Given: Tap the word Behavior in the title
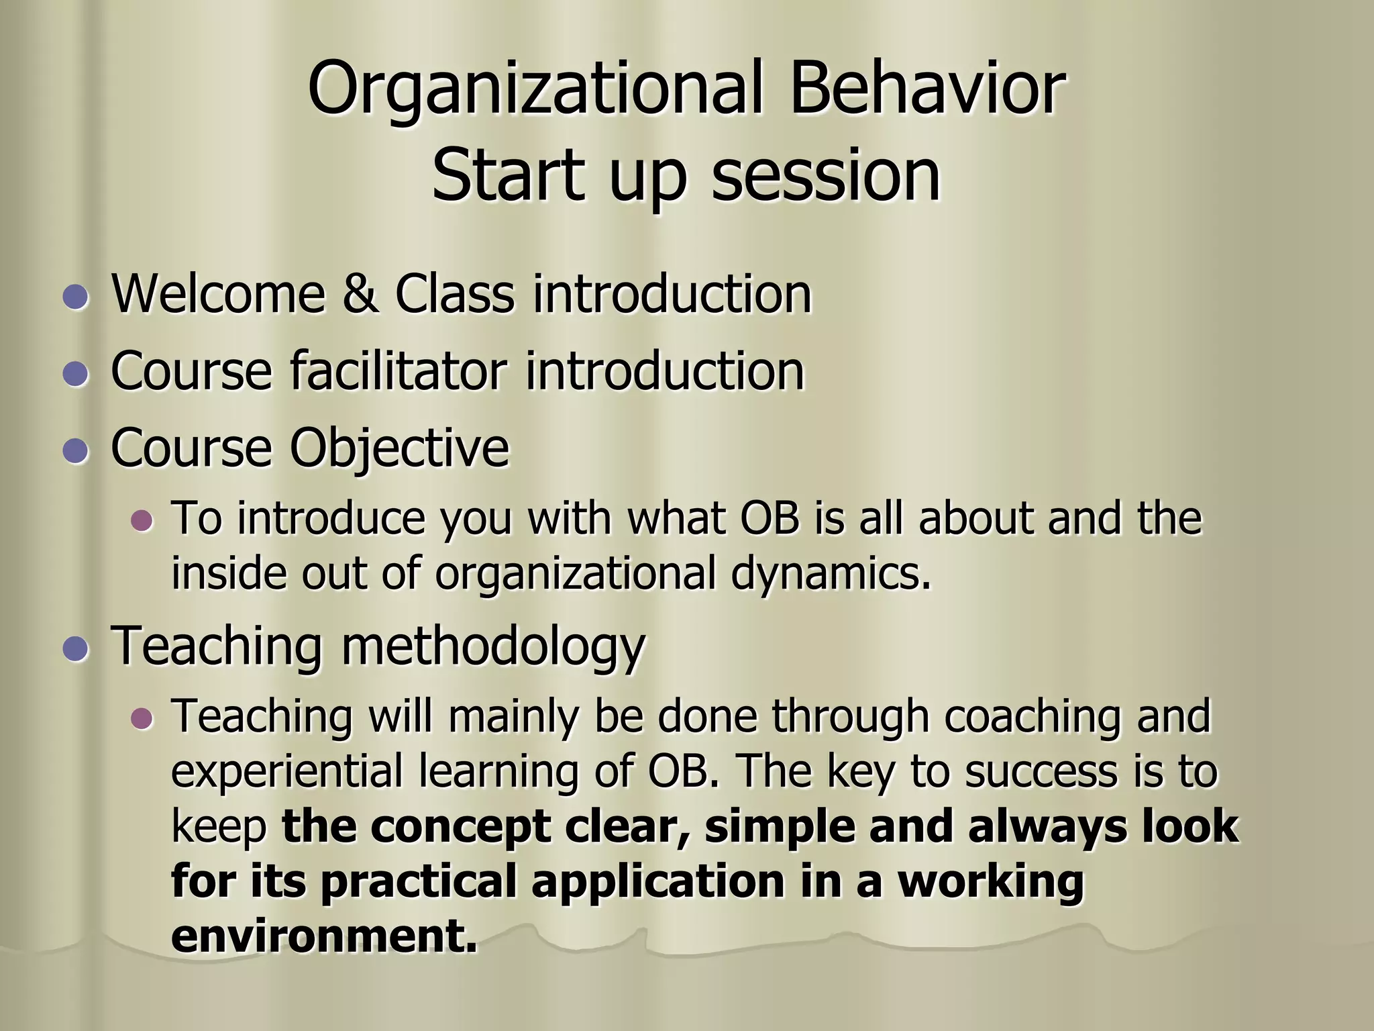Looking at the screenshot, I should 927,89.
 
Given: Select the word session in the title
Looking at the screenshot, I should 825,176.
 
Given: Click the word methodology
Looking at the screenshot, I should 493,646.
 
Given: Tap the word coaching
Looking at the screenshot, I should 1032,716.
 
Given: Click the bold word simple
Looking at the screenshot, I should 780,826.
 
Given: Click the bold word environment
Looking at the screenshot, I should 323,936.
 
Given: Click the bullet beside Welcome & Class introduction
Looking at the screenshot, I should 75,295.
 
